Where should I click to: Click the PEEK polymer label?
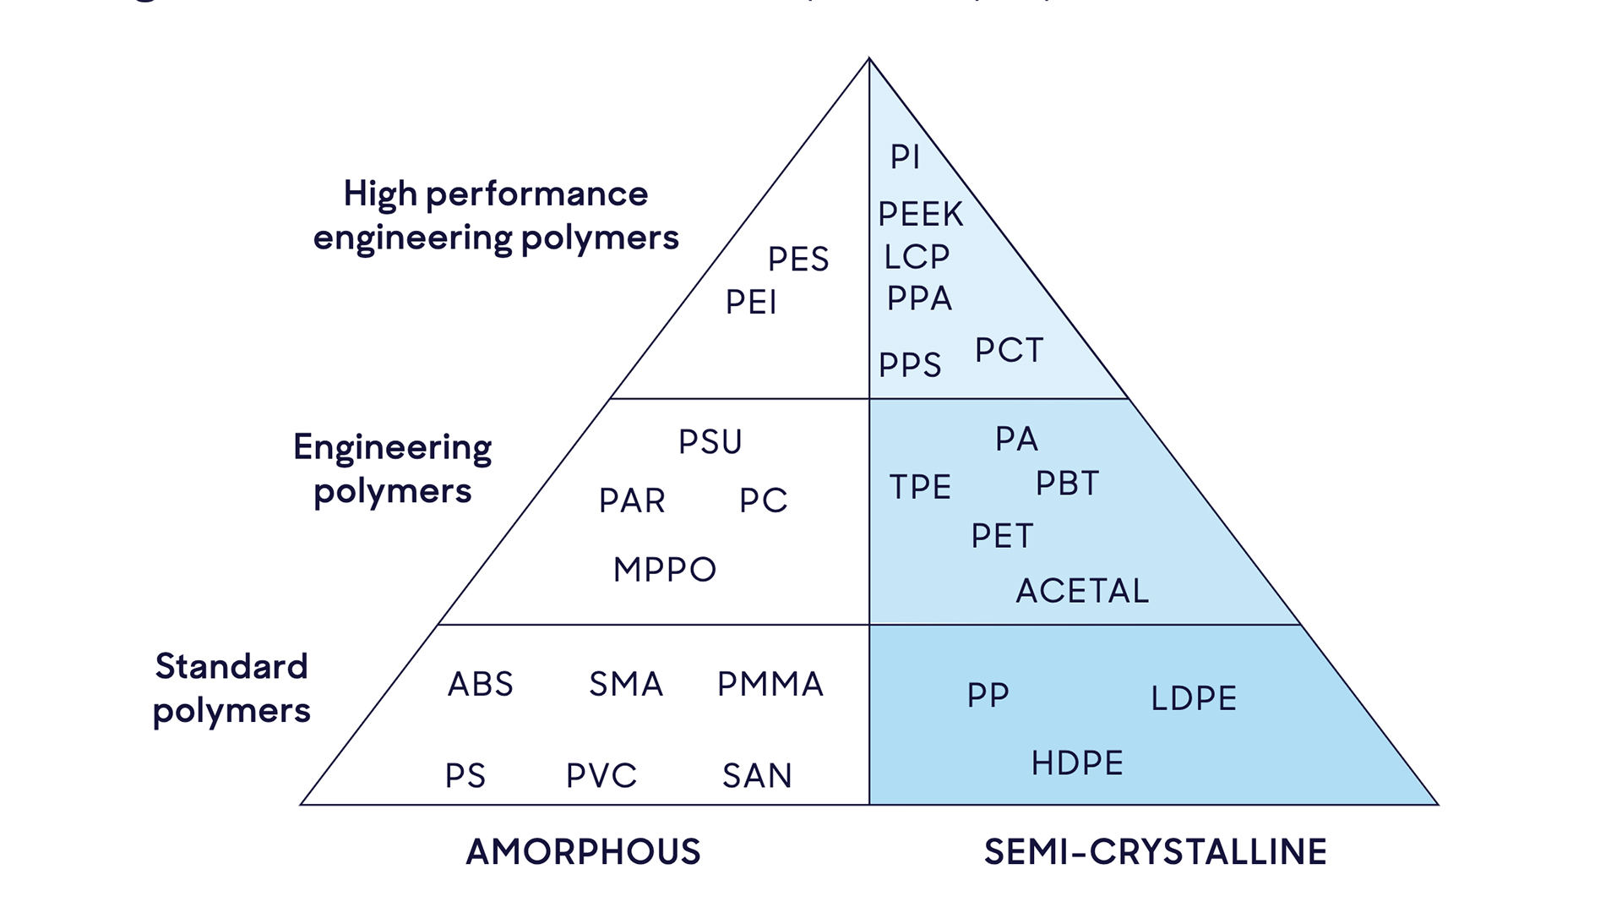[x=920, y=214]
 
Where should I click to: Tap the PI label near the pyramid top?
[x=905, y=156]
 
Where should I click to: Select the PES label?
[x=798, y=259]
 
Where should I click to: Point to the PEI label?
[x=751, y=302]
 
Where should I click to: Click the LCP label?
[x=917, y=256]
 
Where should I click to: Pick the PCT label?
[x=1009, y=350]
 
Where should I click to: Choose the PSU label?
[x=710, y=441]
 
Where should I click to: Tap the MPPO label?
[x=665, y=569]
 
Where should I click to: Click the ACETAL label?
[x=1082, y=590]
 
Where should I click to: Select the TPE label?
[x=920, y=487]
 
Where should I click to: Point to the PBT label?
[x=1067, y=484]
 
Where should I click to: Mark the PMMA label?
[x=770, y=684]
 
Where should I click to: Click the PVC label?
[x=601, y=775]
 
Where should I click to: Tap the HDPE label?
[x=1077, y=763]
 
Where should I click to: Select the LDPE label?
[x=1194, y=698]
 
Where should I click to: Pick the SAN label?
[x=757, y=775]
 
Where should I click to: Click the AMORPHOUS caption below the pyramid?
[x=583, y=851]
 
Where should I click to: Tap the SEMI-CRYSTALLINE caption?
[x=1155, y=851]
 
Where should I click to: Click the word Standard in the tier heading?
[x=231, y=666]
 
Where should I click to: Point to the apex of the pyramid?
[x=869, y=58]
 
